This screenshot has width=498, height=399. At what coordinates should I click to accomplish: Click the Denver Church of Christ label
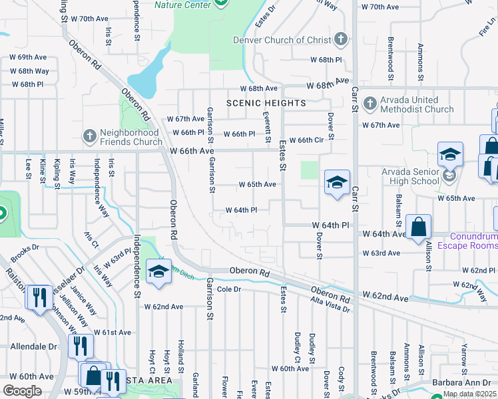pos(281,40)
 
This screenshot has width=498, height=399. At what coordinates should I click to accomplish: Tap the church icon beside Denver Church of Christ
pos(342,39)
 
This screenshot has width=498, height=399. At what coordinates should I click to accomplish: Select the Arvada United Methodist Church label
pos(408,104)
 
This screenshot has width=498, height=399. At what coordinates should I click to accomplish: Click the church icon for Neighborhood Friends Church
pos(89,136)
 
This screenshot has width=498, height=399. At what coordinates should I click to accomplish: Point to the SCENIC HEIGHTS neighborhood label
pos(266,103)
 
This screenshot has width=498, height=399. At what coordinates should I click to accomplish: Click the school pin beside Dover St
pos(337,183)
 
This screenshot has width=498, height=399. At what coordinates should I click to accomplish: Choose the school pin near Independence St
pos(158,271)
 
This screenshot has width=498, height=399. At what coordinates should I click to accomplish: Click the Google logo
pos(22,391)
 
